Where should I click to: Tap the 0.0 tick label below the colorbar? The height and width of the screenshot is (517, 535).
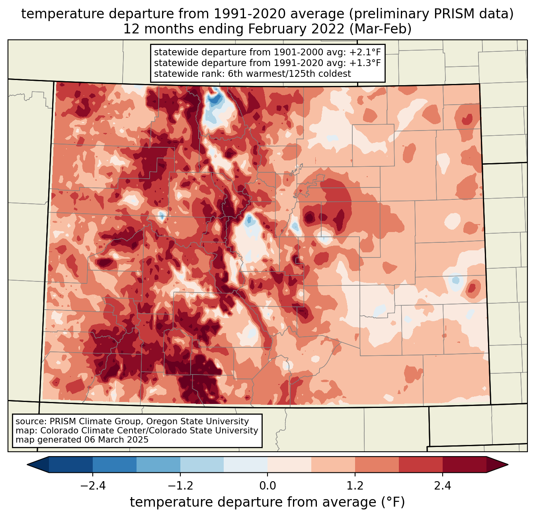(267, 486)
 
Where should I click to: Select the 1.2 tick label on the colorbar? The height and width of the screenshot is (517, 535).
(355, 486)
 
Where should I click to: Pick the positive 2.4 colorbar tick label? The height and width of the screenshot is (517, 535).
(443, 486)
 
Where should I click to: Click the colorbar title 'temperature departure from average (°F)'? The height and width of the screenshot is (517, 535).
(267, 502)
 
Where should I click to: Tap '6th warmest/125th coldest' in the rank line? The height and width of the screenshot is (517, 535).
(289, 74)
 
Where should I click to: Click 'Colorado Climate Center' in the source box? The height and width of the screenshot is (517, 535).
(89, 431)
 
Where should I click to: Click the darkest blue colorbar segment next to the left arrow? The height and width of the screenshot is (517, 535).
(71, 464)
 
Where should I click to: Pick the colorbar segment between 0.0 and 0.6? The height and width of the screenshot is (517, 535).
(289, 464)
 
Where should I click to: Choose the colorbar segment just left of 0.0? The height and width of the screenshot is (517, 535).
(246, 464)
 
